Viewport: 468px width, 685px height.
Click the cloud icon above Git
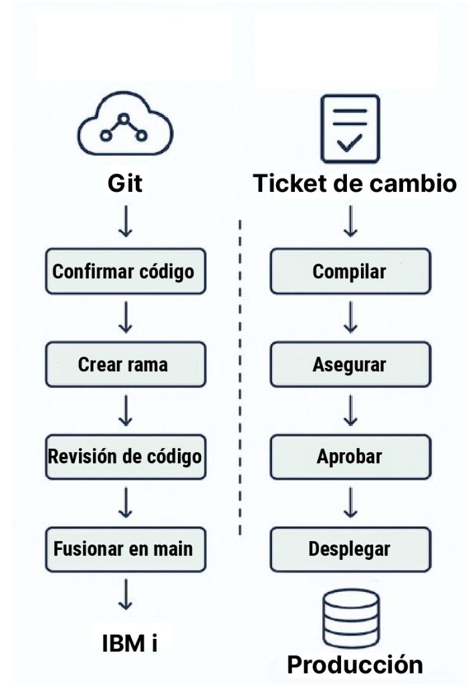(124, 128)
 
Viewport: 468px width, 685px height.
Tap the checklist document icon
(350, 128)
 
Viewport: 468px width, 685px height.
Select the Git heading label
(124, 183)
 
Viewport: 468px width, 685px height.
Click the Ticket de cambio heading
(354, 183)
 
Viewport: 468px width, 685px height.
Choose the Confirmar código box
(124, 272)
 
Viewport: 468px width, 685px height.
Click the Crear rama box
(124, 365)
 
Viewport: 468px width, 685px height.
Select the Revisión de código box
(124, 457)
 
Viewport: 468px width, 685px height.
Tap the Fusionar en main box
(124, 549)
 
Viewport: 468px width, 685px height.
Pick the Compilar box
(350, 272)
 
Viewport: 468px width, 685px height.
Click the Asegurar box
(350, 365)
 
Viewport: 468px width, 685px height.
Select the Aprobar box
(350, 457)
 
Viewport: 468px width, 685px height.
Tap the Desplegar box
(350, 549)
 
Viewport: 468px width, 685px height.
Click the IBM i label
(130, 643)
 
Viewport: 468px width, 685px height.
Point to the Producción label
(354, 664)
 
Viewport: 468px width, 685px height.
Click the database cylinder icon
(350, 616)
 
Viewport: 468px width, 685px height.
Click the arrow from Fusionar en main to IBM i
(124, 595)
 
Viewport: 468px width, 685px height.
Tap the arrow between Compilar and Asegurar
(350, 318)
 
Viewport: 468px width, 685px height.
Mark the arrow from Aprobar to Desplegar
(350, 503)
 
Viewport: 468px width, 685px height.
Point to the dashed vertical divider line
(239, 375)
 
